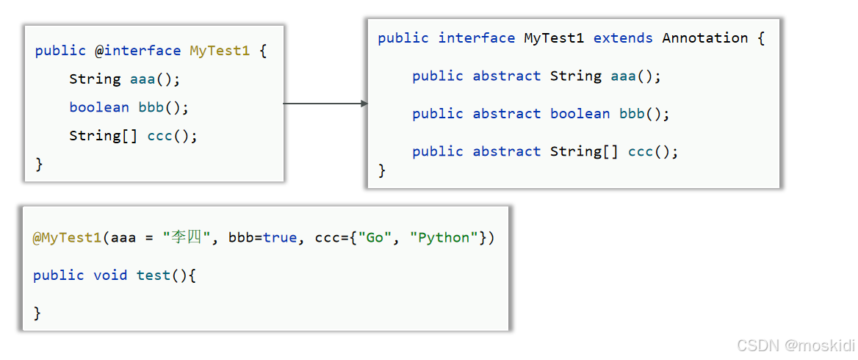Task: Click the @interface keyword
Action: [x=137, y=51]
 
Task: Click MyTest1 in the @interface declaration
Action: [x=220, y=51]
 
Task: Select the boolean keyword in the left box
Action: [x=99, y=107]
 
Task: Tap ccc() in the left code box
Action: [x=173, y=136]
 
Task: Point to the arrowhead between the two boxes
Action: [x=364, y=104]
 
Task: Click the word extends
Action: [x=623, y=38]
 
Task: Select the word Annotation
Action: [x=705, y=38]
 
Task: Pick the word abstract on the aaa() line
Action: [x=507, y=76]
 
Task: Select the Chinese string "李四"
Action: [x=187, y=237]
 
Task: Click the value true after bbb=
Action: [x=280, y=237]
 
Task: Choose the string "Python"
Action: [x=444, y=237]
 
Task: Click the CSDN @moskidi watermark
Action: [x=796, y=345]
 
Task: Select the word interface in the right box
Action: [x=477, y=38]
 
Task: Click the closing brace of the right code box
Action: [x=382, y=170]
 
